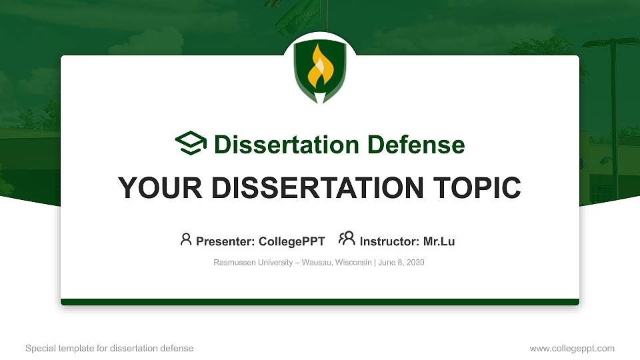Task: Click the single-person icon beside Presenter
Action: coord(186,239)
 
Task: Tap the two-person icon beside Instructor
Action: coord(347,239)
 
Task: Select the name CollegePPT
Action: coord(291,241)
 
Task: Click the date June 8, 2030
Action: coord(401,263)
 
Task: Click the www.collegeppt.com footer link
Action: coord(572,348)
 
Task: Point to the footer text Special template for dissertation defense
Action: coord(109,348)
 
